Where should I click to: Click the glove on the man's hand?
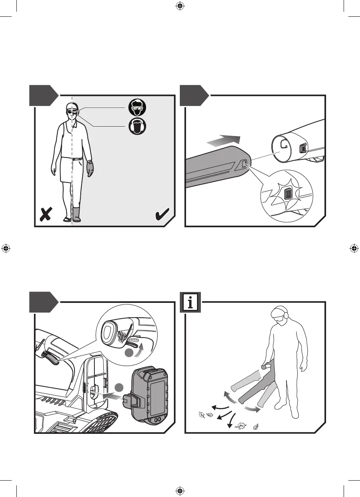[90, 168]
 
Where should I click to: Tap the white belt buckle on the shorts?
[74, 159]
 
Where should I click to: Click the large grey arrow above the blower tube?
[223, 140]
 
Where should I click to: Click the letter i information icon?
[190, 302]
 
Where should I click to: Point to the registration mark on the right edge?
[354, 248]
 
